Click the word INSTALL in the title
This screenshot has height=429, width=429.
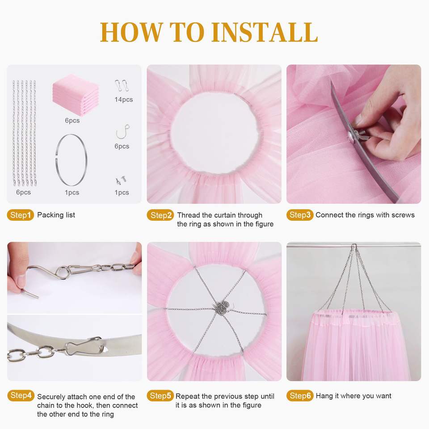(265, 32)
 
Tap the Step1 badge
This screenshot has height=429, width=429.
(20, 215)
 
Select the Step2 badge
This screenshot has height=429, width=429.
(160, 215)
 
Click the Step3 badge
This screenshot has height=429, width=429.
(300, 215)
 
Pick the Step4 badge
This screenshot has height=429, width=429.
(21, 395)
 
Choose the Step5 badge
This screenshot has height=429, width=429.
(160, 395)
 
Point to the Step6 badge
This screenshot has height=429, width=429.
(300, 395)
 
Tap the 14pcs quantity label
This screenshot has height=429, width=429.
(124, 100)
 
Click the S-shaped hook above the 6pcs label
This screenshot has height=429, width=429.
(122, 132)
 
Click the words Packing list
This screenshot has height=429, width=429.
(56, 215)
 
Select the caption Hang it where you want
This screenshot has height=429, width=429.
(353, 396)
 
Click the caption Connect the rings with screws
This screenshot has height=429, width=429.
(365, 215)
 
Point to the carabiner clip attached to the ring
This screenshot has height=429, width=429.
(85, 346)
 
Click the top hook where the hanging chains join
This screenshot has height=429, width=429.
(354, 247)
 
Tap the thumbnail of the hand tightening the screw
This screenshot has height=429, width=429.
(354, 134)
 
